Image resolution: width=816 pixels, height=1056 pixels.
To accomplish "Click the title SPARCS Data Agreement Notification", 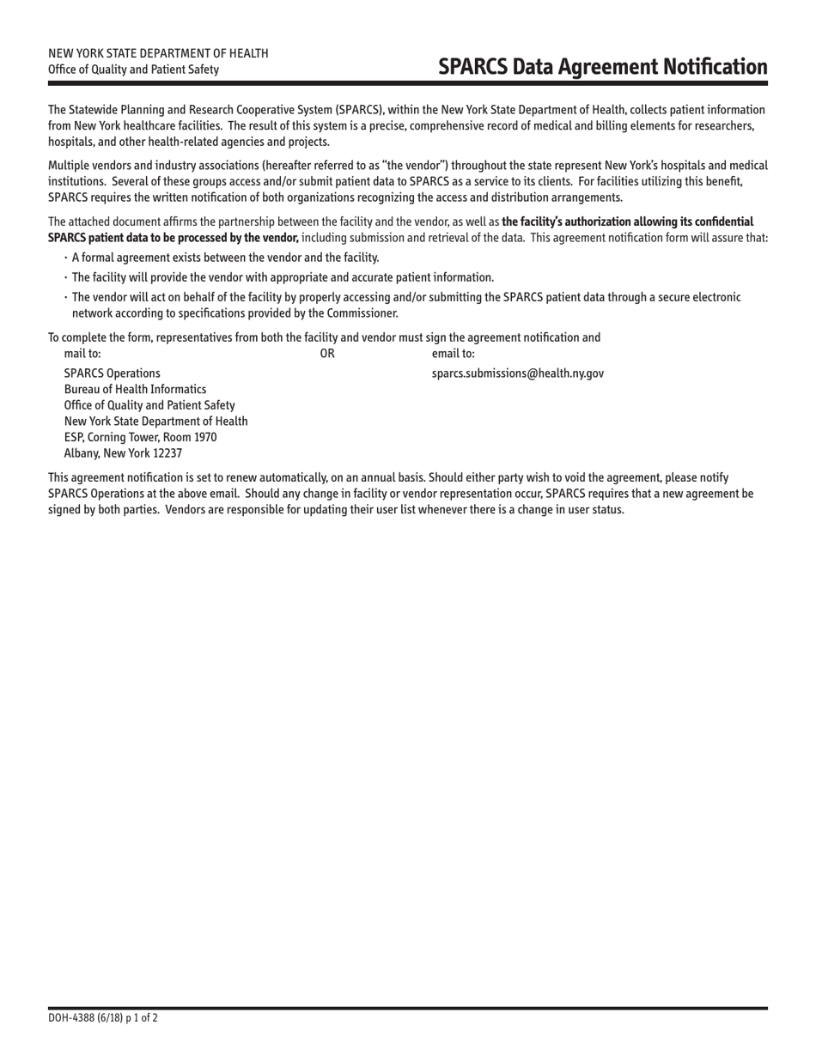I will tap(602, 67).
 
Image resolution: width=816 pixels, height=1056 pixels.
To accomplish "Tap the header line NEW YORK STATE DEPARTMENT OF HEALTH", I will tap(158, 53).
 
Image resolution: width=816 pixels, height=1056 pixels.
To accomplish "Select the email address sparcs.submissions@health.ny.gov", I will tap(517, 373).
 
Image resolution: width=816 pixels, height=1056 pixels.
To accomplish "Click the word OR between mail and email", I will tap(327, 353).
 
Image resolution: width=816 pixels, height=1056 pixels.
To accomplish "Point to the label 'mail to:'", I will tap(82, 353).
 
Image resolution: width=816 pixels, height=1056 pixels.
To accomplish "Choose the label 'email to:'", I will tap(454, 353).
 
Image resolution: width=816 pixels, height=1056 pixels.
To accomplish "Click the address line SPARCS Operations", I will tap(112, 373).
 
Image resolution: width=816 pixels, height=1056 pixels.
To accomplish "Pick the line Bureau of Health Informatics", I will tap(135, 389).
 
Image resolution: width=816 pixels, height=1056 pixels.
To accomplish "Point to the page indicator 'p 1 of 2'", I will tap(138, 1018).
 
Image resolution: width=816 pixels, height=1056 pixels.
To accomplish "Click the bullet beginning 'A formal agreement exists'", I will tap(225, 258).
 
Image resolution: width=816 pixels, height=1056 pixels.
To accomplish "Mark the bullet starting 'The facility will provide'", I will tap(283, 277).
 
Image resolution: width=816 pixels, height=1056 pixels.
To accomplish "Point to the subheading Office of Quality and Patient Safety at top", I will tap(133, 70).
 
